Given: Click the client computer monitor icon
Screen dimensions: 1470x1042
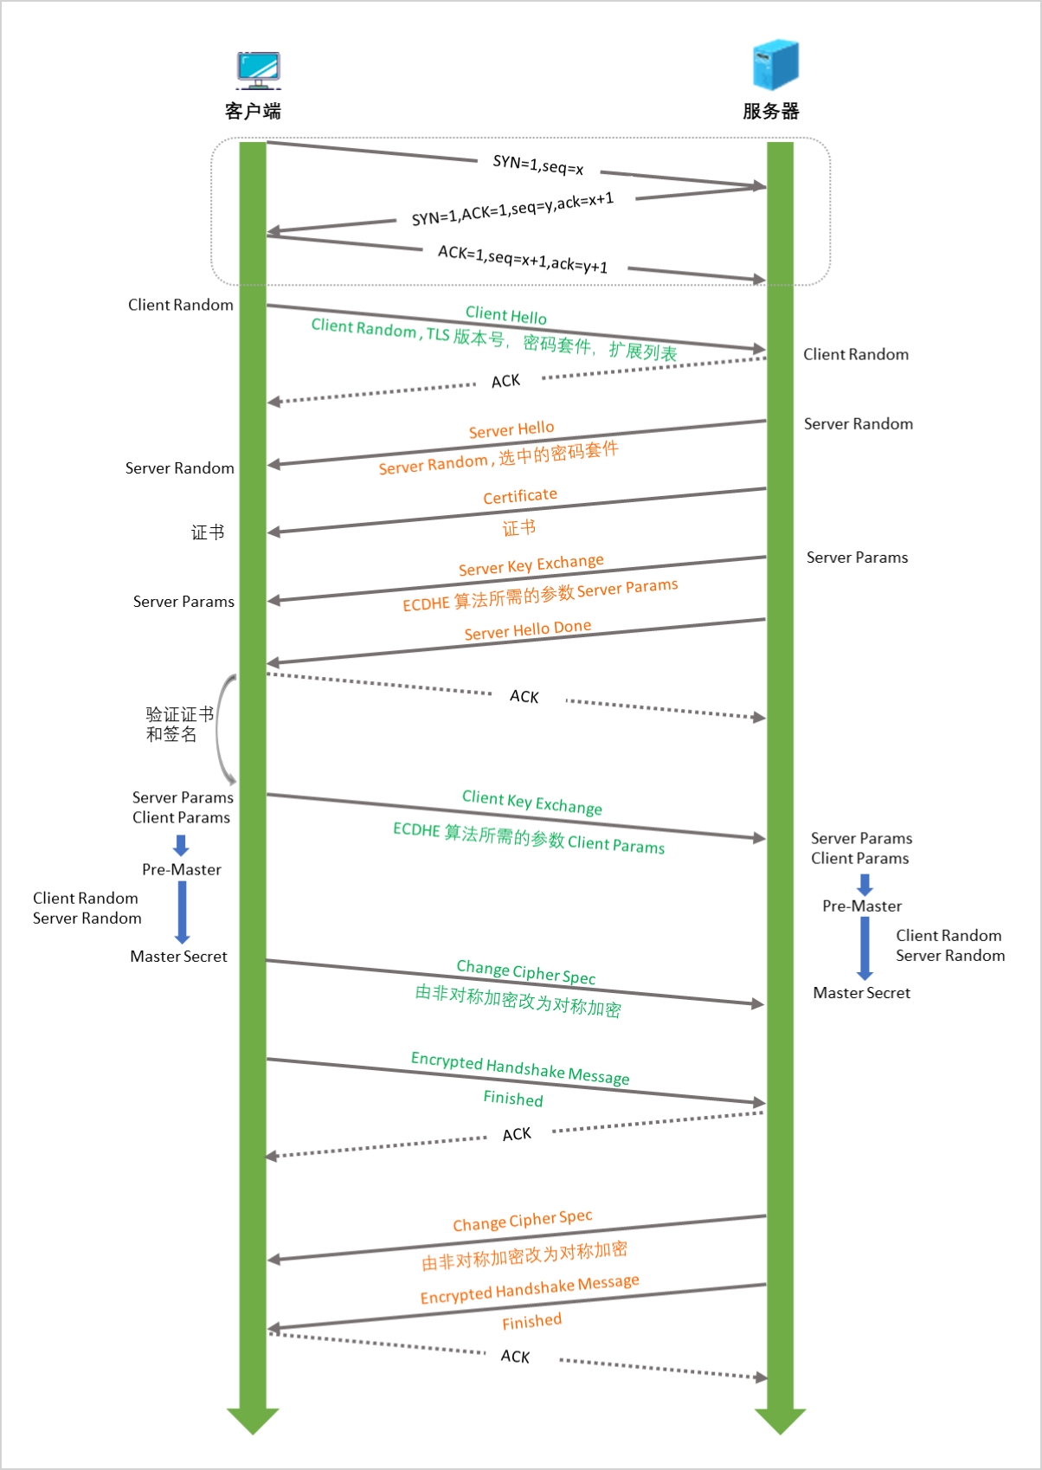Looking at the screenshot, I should (258, 70).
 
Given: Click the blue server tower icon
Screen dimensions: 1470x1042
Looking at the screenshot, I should (775, 64).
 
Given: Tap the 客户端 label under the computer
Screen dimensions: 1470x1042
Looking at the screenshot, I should (253, 111).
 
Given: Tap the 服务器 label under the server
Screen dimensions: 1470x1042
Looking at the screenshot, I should (770, 111).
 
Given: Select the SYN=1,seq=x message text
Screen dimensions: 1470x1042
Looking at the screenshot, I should (538, 164).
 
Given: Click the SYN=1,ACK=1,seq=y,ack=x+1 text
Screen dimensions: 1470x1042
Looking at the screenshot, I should (512, 209).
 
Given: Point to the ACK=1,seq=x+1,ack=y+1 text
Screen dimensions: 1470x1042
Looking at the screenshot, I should (523, 259).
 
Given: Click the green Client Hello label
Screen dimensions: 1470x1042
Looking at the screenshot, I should (506, 315).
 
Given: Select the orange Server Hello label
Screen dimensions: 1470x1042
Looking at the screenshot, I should (511, 429).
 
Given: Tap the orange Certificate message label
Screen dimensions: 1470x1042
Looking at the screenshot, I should (520, 496).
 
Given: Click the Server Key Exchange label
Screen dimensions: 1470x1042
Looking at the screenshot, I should (531, 564).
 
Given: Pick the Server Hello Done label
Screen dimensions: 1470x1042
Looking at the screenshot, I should (528, 630).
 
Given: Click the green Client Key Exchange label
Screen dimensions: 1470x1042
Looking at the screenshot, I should (532, 802).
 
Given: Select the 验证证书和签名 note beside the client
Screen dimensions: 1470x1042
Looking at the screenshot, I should (178, 725).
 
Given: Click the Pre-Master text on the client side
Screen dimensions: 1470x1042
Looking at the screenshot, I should (182, 869).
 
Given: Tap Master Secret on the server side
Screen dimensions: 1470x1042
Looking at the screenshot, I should (862, 993).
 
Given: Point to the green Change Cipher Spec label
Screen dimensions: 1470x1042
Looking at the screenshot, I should (526, 972).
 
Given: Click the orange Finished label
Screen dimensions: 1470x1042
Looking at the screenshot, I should (532, 1322).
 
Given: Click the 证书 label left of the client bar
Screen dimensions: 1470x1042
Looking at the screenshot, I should (208, 532).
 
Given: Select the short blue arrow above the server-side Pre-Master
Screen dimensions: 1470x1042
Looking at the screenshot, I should (865, 884).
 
